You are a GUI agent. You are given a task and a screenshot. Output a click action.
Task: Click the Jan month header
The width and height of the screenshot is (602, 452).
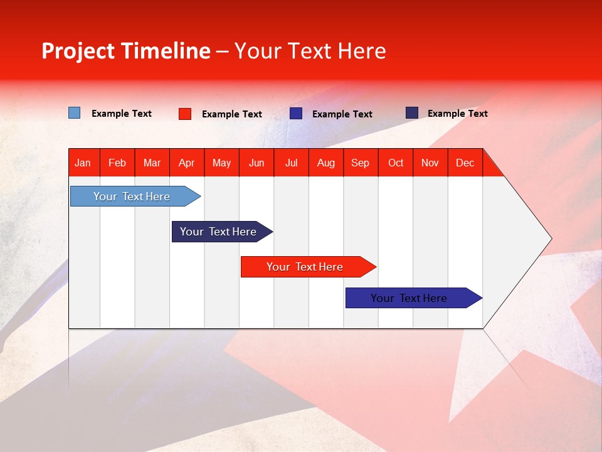click(83, 163)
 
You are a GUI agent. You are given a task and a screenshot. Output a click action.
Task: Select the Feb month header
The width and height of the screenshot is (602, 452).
click(117, 163)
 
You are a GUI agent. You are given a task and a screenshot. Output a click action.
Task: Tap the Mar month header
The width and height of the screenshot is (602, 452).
click(152, 163)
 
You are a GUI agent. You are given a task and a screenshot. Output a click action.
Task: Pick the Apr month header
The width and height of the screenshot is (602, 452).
click(187, 163)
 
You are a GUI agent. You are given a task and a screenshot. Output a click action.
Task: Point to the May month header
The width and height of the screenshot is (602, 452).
click(221, 163)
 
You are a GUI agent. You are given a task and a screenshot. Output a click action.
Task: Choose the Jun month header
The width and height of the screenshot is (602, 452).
click(256, 163)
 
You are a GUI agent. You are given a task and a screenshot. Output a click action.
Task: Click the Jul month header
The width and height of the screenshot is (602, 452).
click(291, 163)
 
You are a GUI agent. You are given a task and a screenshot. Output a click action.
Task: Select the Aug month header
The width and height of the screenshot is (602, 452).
click(326, 163)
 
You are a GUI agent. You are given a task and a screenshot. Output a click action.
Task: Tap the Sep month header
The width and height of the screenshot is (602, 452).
click(361, 163)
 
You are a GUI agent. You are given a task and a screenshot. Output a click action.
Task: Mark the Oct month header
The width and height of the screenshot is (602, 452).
click(396, 163)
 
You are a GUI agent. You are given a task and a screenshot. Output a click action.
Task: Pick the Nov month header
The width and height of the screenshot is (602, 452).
click(430, 163)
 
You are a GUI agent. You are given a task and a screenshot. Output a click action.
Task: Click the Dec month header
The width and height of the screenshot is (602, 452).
click(465, 163)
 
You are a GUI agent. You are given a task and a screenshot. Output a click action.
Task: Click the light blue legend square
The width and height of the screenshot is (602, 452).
click(75, 113)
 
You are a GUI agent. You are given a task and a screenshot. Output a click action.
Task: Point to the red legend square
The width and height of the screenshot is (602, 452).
click(185, 114)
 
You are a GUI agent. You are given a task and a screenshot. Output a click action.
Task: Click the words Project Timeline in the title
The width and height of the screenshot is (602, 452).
click(126, 51)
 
